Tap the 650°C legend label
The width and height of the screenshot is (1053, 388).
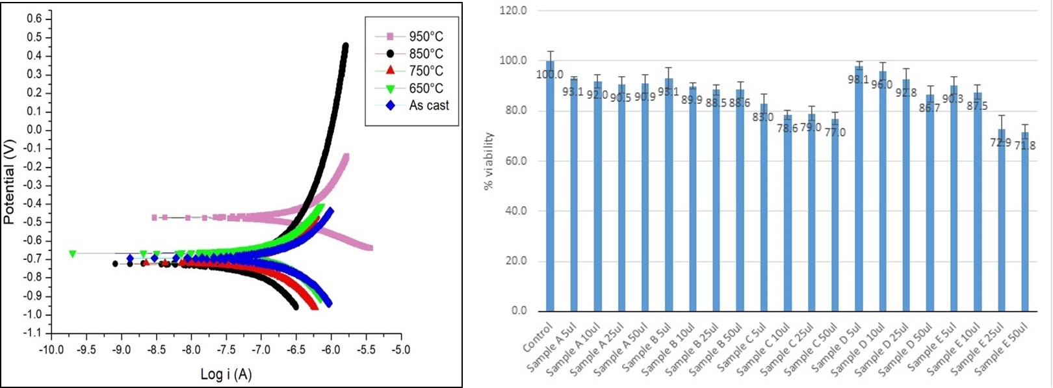click(426, 88)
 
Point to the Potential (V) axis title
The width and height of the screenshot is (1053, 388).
click(9, 181)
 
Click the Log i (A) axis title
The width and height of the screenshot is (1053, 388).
click(226, 374)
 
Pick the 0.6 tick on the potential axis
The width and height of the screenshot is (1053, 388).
click(34, 19)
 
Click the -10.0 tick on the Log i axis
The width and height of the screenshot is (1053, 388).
click(51, 350)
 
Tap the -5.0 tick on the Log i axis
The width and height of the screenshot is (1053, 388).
click(400, 350)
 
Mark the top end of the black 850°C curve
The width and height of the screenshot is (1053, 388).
click(344, 46)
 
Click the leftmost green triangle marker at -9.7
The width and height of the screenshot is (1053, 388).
click(72, 253)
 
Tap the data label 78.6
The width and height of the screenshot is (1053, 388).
click(787, 128)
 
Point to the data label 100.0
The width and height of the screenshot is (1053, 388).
click(550, 74)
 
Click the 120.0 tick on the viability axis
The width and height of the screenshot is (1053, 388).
click(513, 11)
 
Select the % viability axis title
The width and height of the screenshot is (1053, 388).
click(489, 161)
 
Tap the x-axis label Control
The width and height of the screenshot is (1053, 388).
click(538, 337)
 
